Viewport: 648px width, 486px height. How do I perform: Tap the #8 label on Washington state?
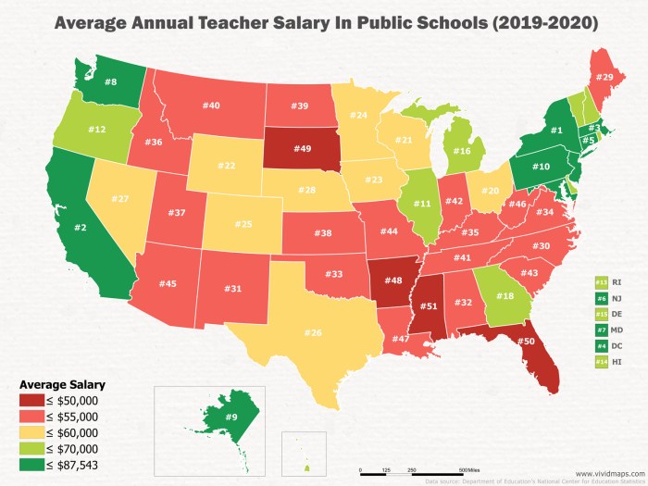(109, 82)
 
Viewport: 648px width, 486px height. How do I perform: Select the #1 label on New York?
(557, 131)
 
